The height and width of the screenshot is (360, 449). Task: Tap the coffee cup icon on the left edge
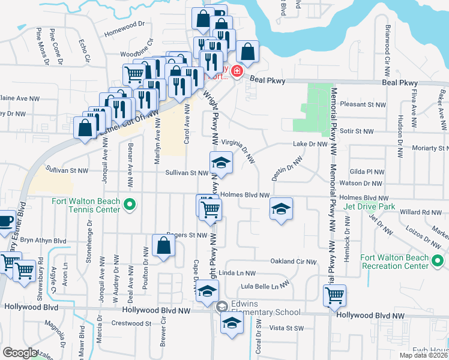click(x=5, y=221)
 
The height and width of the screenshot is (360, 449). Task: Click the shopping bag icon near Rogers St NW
click(x=164, y=246)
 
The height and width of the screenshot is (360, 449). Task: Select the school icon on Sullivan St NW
click(x=221, y=163)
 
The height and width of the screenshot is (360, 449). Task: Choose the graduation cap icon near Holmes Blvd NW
click(x=281, y=209)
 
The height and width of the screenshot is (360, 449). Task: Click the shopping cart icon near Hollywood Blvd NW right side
click(x=334, y=295)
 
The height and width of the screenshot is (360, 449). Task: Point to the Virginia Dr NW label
click(x=240, y=150)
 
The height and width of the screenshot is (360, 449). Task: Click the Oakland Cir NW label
click(x=293, y=261)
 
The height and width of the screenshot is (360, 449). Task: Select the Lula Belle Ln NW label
click(x=264, y=286)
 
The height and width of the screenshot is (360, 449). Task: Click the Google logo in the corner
click(x=19, y=353)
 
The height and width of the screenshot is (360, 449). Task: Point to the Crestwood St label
click(x=131, y=323)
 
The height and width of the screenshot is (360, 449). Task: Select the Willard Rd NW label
click(x=420, y=212)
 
